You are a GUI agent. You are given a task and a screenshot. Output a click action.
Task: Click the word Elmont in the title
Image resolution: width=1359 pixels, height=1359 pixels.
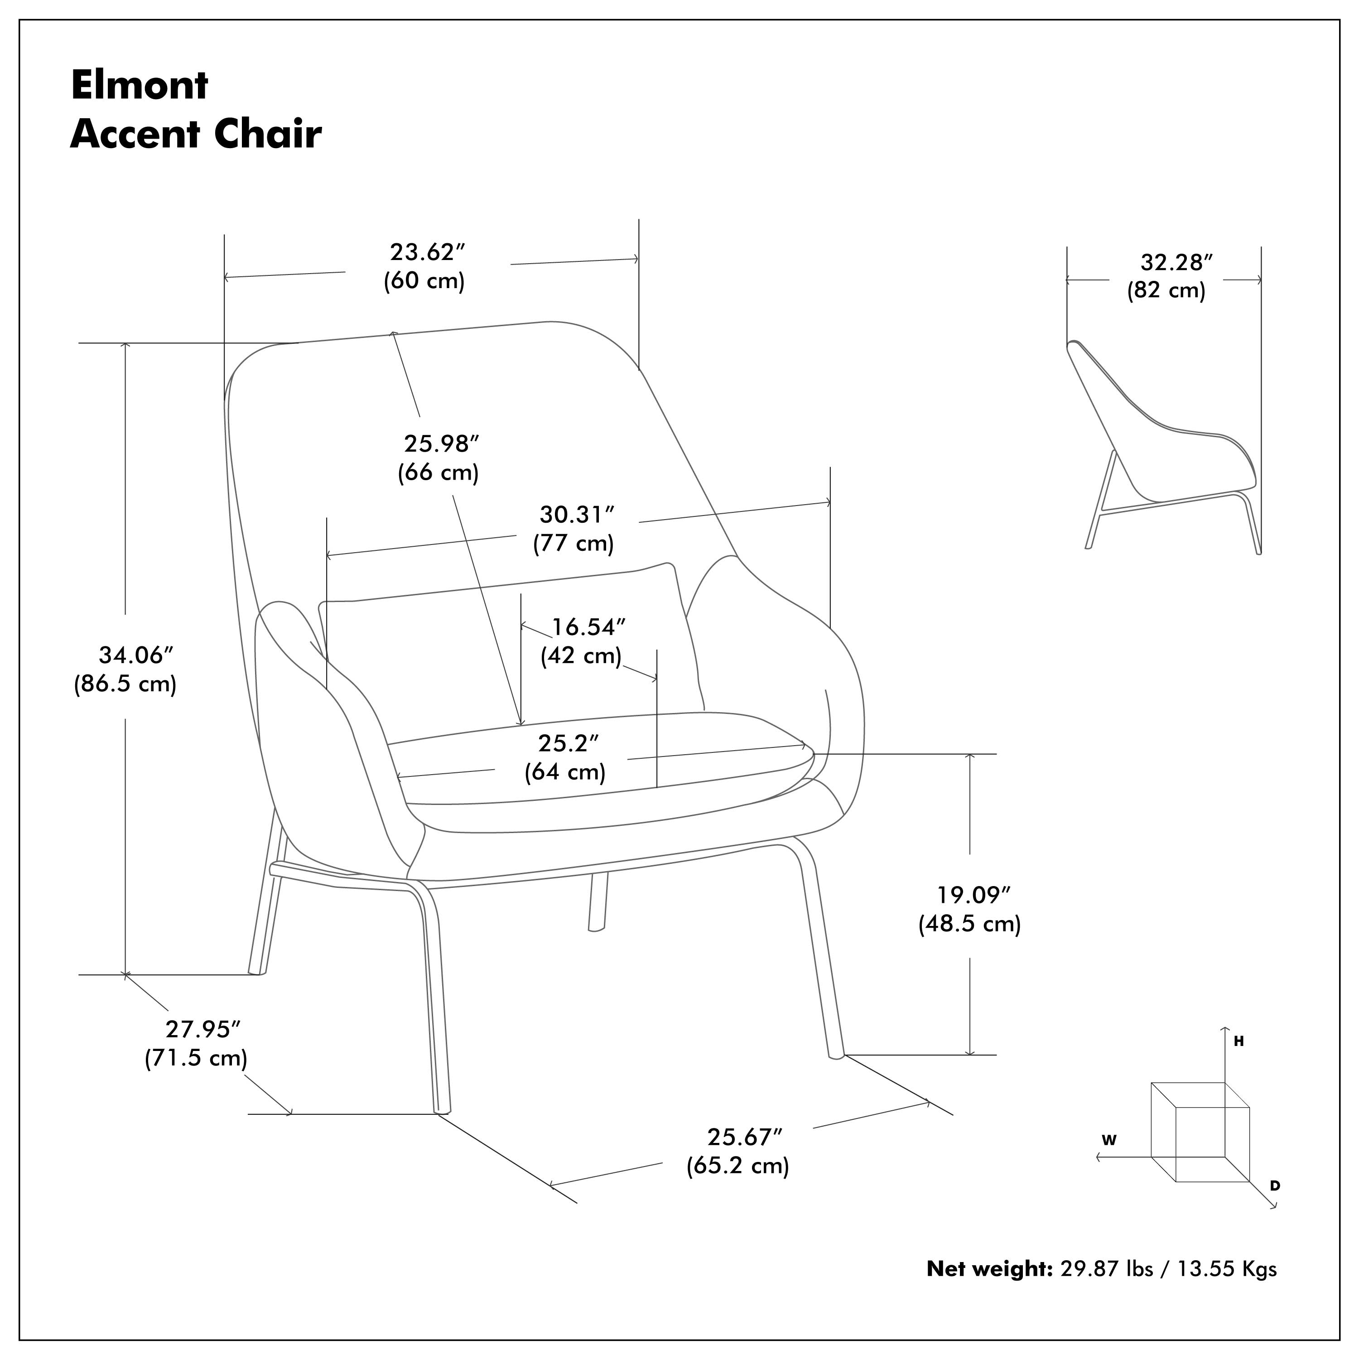pos(139,85)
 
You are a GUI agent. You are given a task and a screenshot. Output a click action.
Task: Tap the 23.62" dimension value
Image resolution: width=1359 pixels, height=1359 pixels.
pos(428,252)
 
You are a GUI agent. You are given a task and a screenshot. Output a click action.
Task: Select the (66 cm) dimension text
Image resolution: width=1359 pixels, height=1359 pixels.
pos(438,472)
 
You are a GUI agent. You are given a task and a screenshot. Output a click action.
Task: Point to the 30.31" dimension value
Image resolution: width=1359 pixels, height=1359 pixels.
pos(577,515)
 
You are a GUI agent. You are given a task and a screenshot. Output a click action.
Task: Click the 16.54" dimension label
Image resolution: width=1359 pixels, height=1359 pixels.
pos(588,627)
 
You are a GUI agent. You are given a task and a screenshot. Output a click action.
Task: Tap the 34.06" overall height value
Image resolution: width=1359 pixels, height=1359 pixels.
pos(135,655)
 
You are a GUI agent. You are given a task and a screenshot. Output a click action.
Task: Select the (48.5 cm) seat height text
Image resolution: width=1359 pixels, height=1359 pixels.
pos(969,924)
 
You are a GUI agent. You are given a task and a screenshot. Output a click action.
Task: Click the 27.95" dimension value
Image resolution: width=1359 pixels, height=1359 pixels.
pos(202,1029)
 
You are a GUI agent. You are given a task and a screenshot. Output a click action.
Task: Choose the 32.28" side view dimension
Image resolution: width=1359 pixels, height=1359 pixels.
pos(1176,262)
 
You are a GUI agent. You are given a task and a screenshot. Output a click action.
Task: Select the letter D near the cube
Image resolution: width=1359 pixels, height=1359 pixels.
pos(1275,1186)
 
